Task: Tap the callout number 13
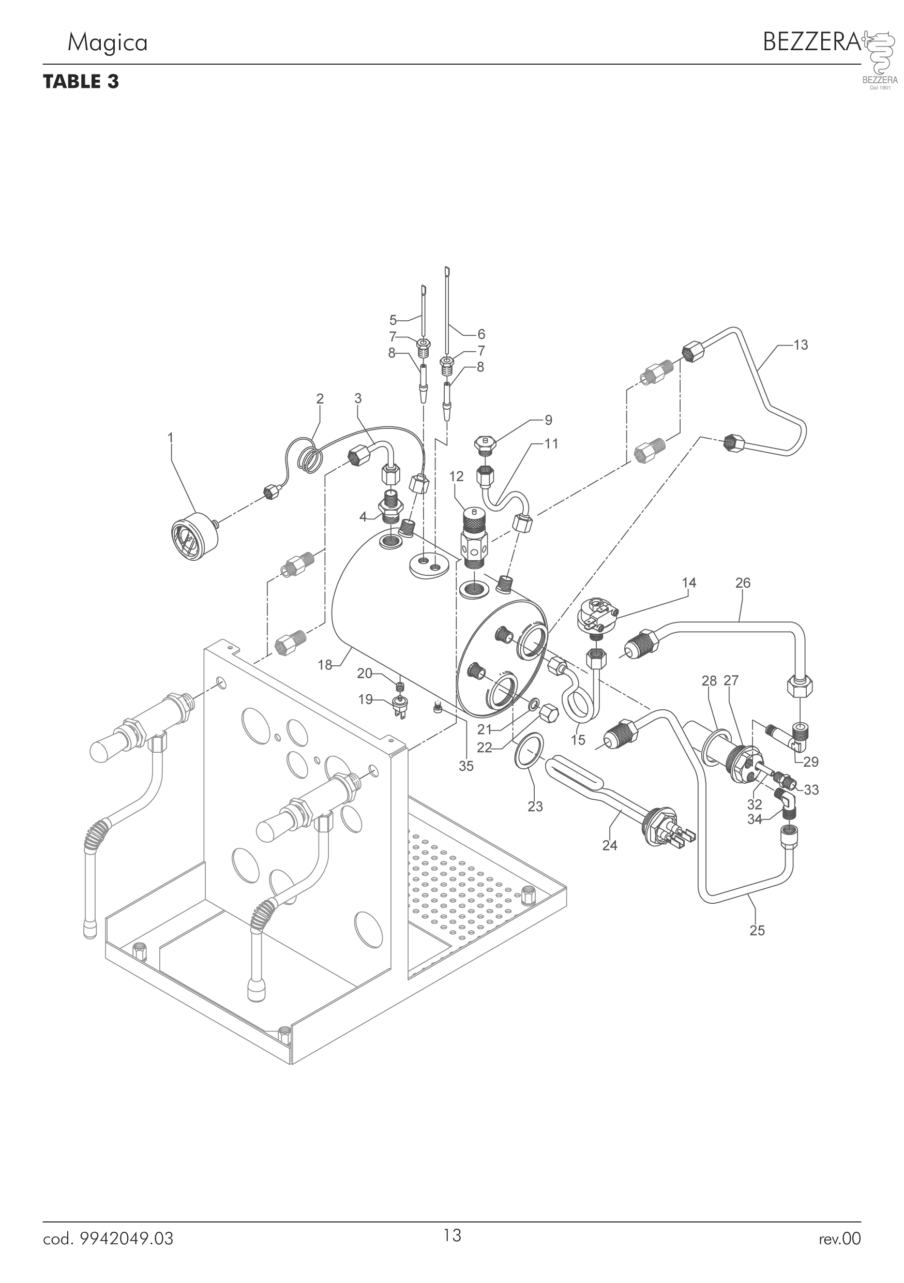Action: pyautogui.click(x=800, y=345)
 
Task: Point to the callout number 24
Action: pyautogui.click(x=610, y=845)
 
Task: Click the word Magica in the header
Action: pyautogui.click(x=107, y=42)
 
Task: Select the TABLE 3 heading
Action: pyautogui.click(x=81, y=82)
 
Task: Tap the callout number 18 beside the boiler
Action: pyautogui.click(x=325, y=664)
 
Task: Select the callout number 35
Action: pyautogui.click(x=466, y=766)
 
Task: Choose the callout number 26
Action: pyautogui.click(x=743, y=583)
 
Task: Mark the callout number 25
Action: pyautogui.click(x=757, y=930)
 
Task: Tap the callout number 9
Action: pyautogui.click(x=548, y=420)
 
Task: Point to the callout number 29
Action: pyautogui.click(x=811, y=761)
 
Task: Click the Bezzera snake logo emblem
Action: pyautogui.click(x=880, y=53)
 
